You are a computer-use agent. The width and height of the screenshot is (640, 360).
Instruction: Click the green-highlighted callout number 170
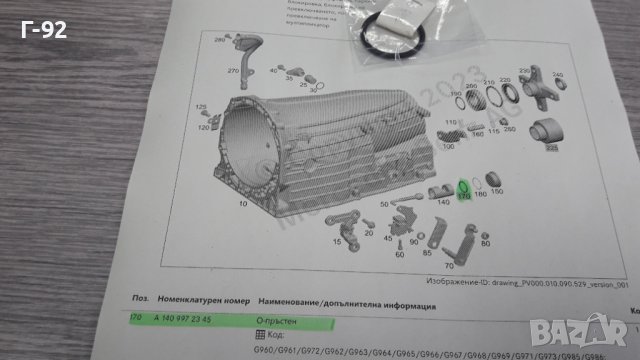point(463,198)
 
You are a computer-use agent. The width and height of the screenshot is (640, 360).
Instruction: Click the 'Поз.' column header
point(139,298)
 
